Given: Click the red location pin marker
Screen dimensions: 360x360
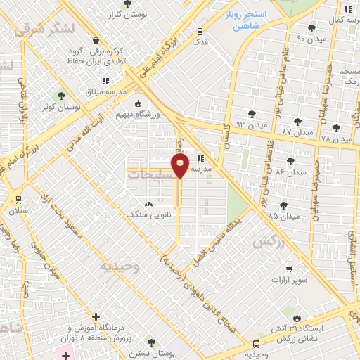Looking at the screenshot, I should tap(181, 167).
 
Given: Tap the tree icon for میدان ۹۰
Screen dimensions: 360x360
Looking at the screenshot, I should tap(311, 29).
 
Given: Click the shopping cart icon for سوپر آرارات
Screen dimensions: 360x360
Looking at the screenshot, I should tap(288, 269).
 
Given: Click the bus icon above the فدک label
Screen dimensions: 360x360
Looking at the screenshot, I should tap(200, 31).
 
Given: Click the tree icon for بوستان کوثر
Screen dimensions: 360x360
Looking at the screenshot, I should tap(61, 95).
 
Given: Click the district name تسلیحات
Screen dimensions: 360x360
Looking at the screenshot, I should tap(150, 174).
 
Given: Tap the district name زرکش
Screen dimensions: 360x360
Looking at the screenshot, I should tap(266, 240).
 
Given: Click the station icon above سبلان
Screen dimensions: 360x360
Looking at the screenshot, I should tap(18, 198).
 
